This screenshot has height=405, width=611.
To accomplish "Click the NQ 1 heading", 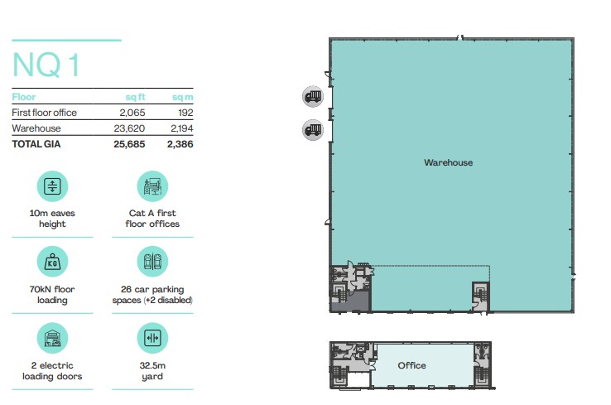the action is pos(46,65).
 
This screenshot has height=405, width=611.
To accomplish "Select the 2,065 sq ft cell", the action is pos(132,113).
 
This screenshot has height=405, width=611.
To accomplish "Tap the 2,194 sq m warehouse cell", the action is pos(181,128).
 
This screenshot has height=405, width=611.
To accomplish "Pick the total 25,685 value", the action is pos(129,144).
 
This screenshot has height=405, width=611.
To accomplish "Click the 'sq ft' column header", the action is pos(135,97).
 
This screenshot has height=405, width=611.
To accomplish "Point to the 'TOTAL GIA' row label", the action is pos(36,144).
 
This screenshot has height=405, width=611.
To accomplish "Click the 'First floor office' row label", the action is pos(45,113).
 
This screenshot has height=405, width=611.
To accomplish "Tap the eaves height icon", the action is pos(52,186).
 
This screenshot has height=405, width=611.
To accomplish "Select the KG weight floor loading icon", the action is pos(52,262).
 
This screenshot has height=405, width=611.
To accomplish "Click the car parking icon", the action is pos(152,262).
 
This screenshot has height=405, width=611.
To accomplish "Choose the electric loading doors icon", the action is pos(52,338).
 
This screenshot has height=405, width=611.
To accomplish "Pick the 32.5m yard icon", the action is pos(152,338).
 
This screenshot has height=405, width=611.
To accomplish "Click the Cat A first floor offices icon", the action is pos(152,186).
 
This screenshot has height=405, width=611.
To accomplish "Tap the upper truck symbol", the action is pos(313,96).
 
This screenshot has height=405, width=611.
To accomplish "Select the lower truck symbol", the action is pos(313,130).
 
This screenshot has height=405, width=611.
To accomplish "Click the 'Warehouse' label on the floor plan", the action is pos(448,162).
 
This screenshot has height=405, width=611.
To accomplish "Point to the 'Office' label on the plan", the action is pos(411,365).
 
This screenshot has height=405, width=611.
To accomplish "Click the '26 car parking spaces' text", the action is pos(152,295).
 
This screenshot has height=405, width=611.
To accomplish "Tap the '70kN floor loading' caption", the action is pos(52,295).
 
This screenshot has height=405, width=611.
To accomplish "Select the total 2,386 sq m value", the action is pos(180,144).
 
